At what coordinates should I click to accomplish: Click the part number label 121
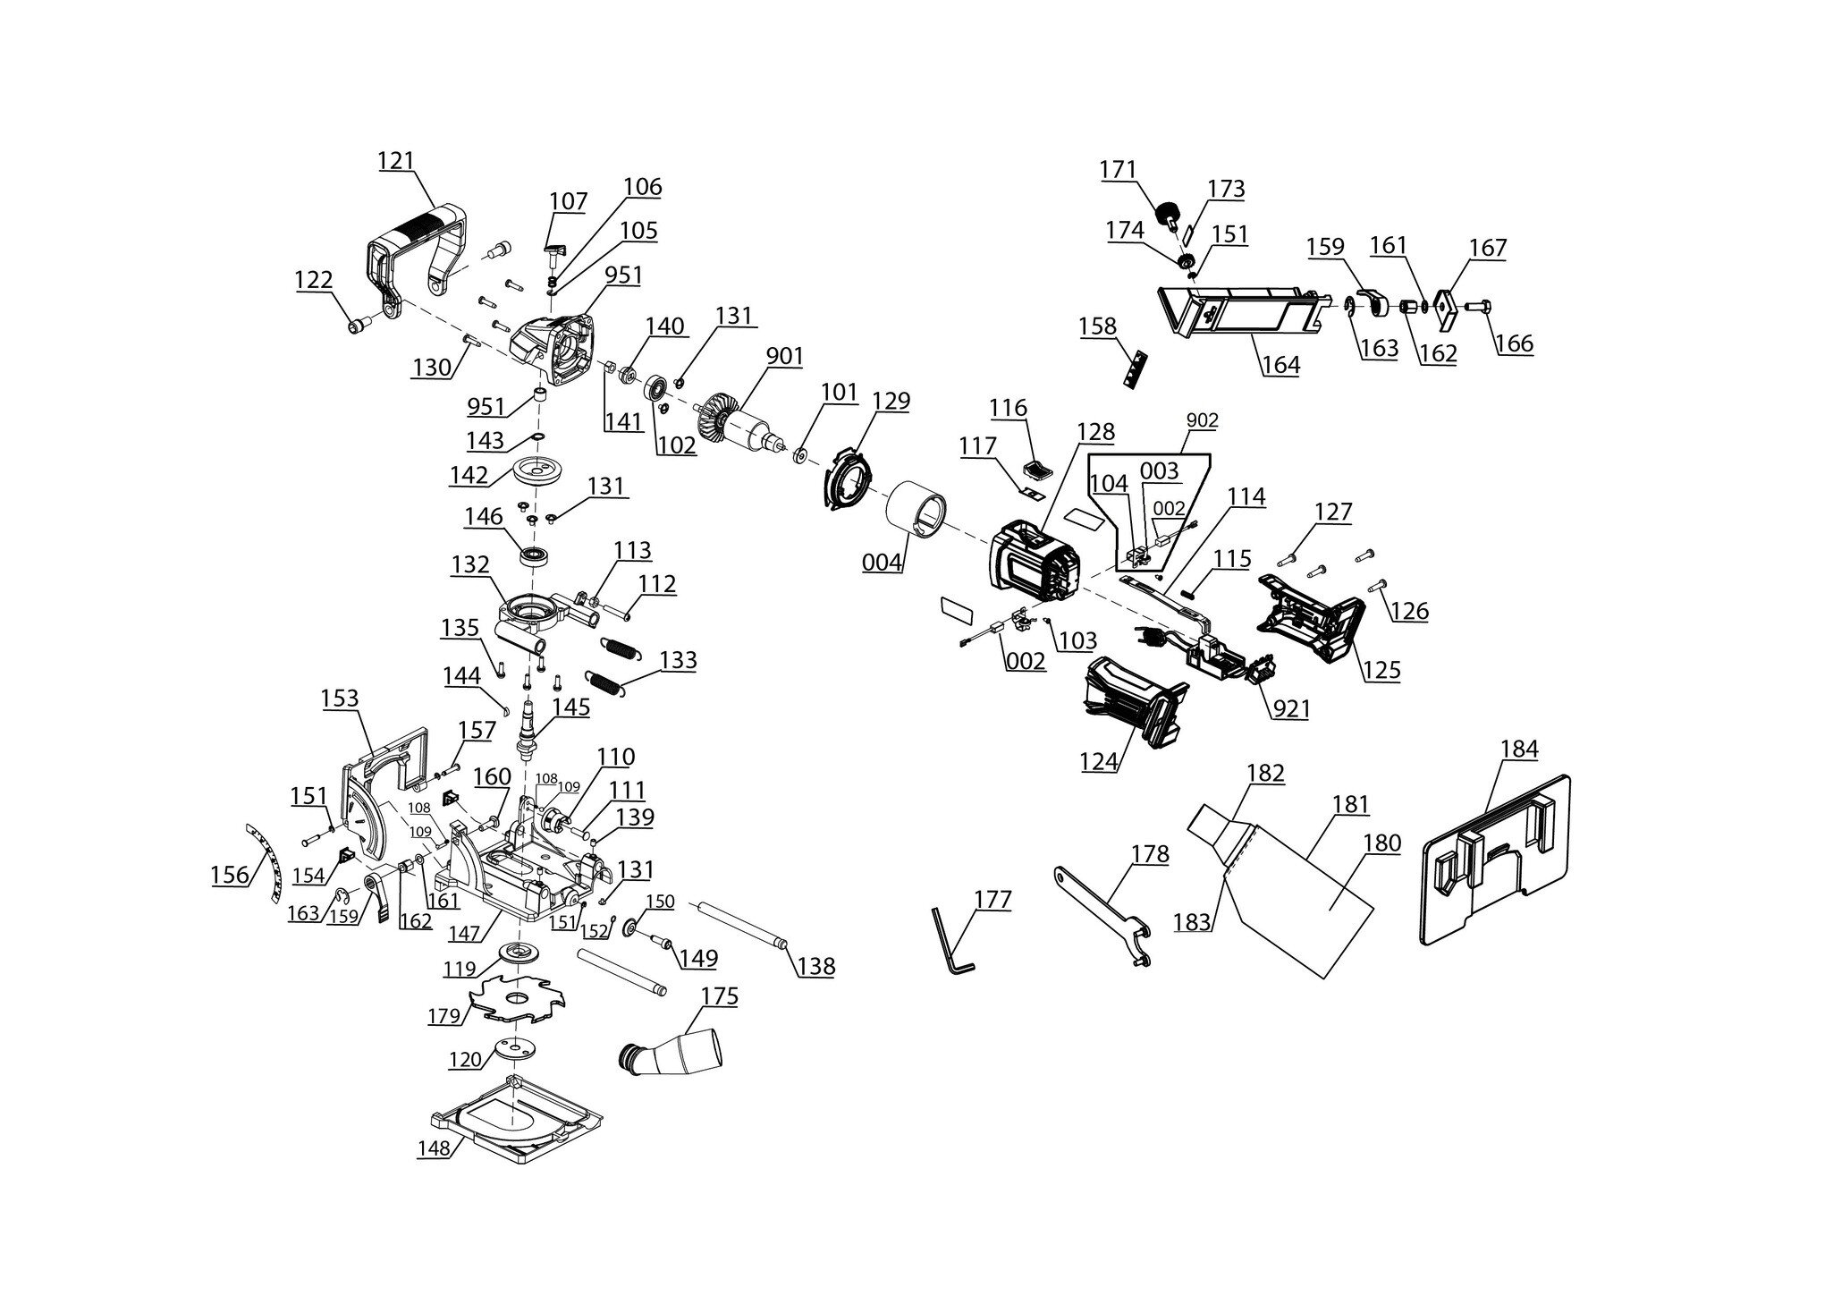click(395, 162)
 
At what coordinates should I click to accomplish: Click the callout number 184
click(1519, 750)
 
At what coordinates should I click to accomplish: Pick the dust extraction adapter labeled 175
click(671, 1050)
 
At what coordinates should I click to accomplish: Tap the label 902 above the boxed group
click(1203, 420)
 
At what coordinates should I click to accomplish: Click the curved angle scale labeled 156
click(265, 860)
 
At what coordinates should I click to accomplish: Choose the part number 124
click(1099, 761)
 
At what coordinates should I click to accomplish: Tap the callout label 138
click(816, 967)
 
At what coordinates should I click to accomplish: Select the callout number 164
click(1281, 365)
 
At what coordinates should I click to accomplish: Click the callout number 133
click(679, 661)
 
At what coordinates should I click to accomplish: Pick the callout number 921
click(1291, 709)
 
